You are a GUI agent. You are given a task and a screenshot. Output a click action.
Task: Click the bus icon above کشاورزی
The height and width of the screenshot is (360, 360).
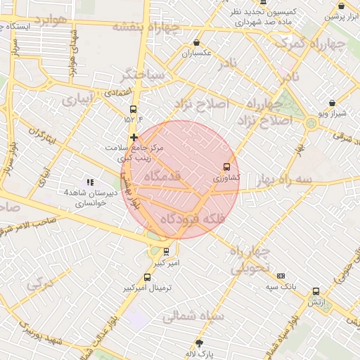(x=226, y=167)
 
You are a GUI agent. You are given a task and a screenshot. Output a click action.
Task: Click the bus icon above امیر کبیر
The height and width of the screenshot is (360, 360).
(x=166, y=251)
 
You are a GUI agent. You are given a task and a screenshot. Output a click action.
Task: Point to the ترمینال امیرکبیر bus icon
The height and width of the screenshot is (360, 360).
(x=147, y=277)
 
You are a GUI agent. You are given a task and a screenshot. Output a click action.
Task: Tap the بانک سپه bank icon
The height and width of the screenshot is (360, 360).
(x=281, y=276)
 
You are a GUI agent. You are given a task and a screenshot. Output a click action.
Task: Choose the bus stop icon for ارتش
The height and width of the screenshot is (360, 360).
(x=316, y=290)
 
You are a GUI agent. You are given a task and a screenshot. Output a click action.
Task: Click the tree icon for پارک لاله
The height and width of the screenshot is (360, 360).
(x=200, y=343)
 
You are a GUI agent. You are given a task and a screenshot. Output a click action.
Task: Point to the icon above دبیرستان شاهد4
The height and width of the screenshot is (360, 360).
(x=89, y=182)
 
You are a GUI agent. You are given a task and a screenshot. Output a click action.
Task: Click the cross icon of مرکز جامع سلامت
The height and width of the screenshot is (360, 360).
(x=134, y=138)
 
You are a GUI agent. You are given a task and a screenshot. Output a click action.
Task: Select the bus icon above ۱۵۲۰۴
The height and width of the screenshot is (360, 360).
(x=134, y=109)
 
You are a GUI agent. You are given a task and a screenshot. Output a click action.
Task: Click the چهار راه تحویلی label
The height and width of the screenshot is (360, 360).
(x=250, y=259)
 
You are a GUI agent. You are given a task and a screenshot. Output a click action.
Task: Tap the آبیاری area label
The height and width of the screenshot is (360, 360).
(x=77, y=99)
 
